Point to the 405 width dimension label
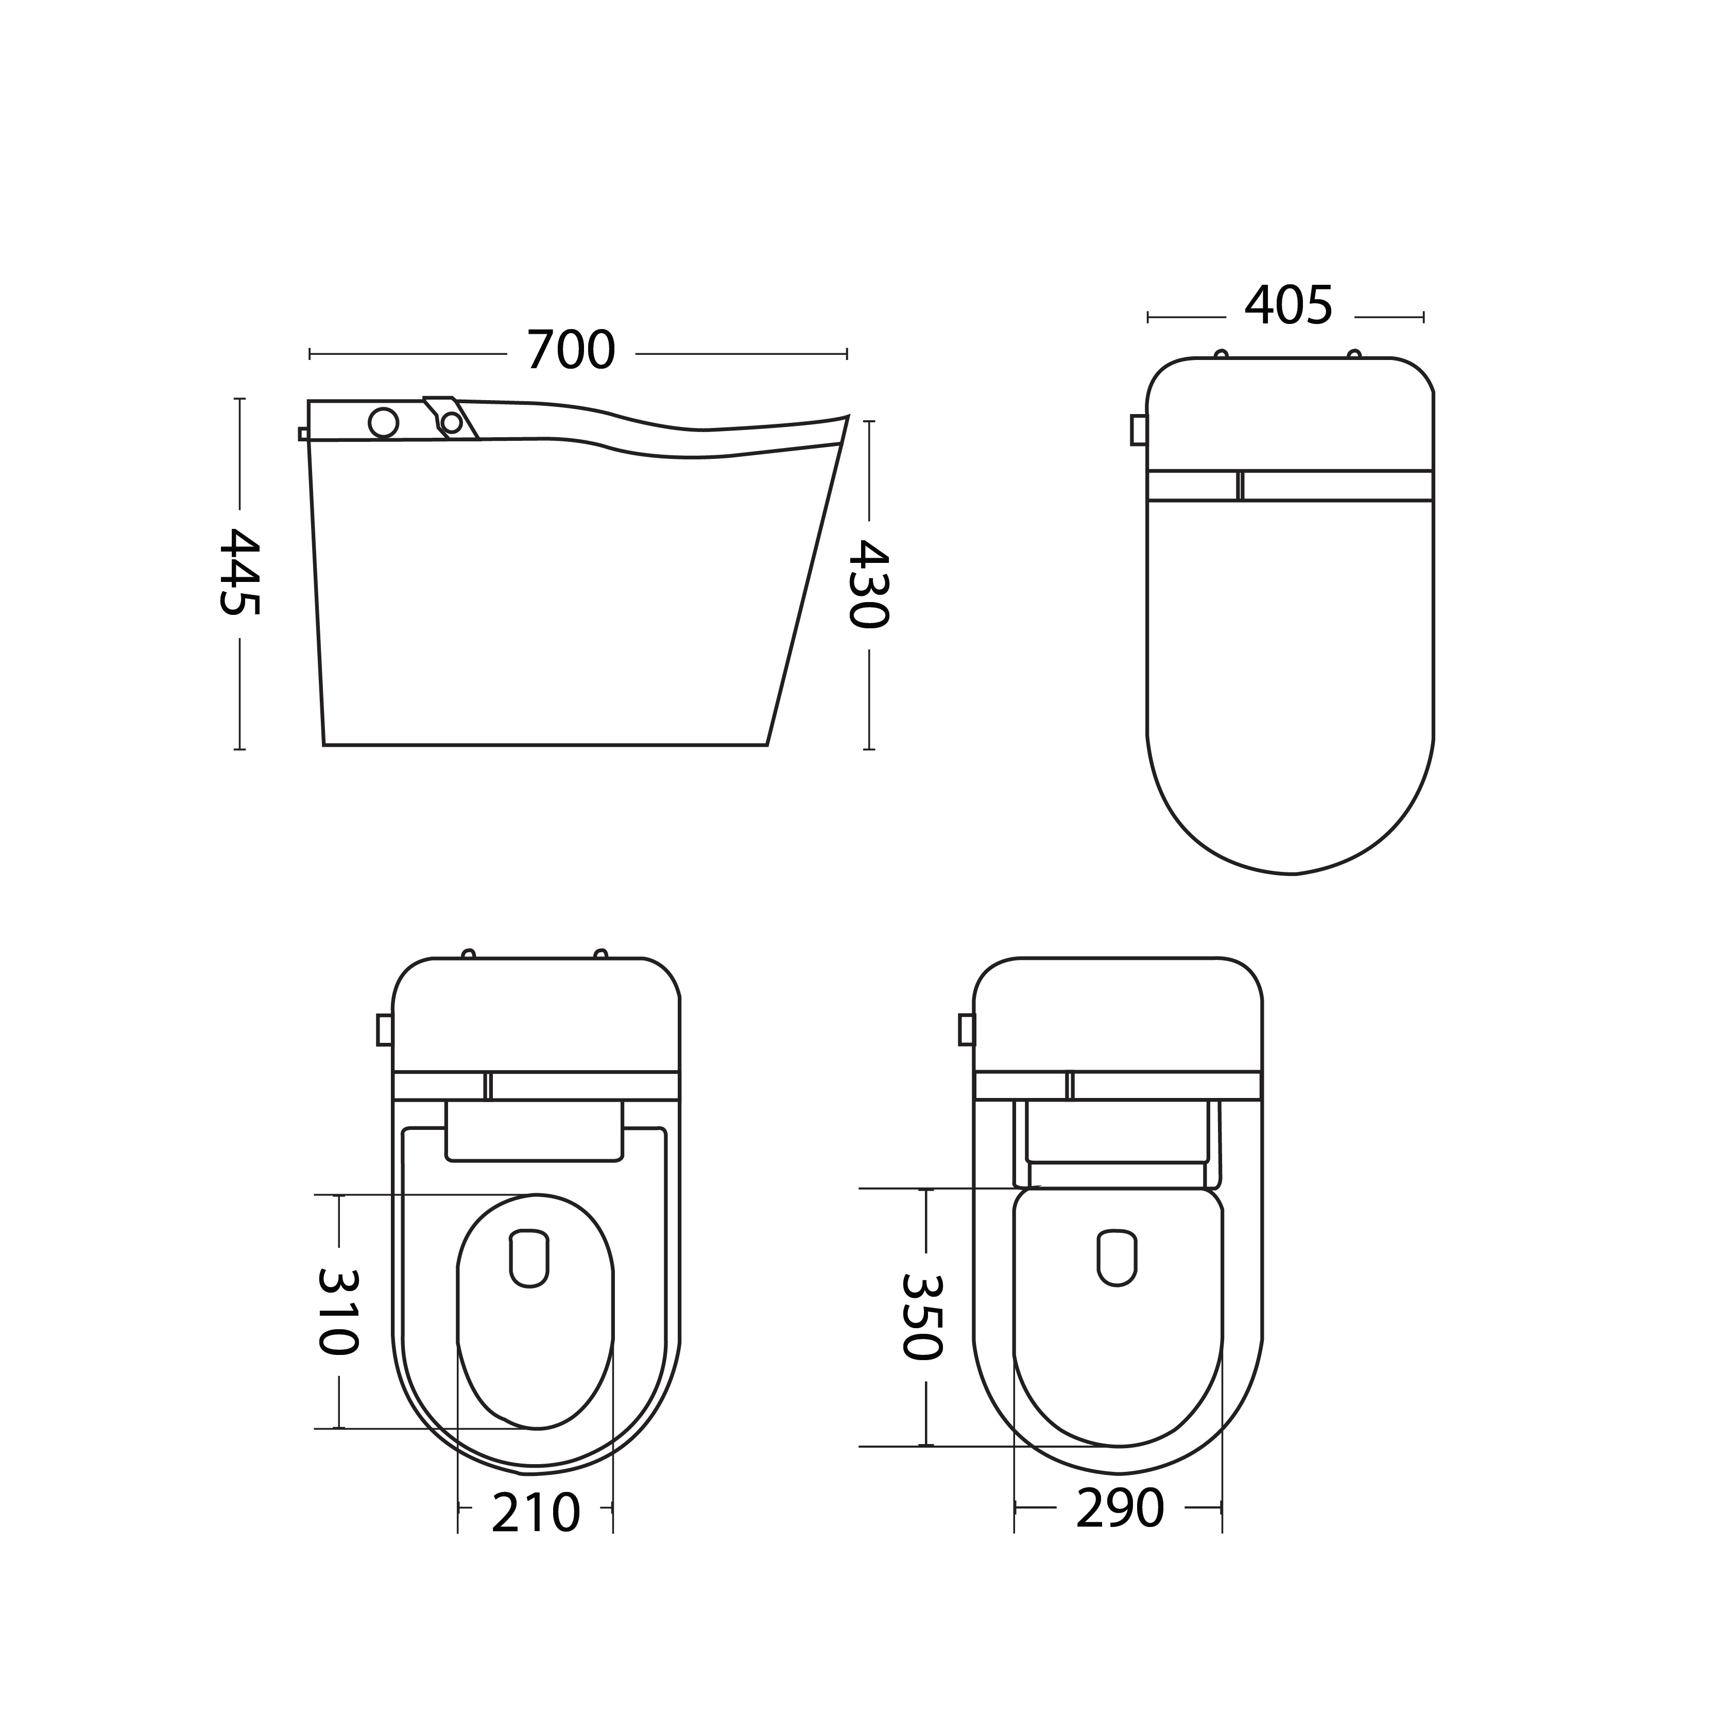click(x=1289, y=306)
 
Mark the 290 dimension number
click(x=1119, y=1509)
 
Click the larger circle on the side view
click(x=383, y=423)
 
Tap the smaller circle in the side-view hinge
click(x=452, y=423)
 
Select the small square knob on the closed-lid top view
click(x=1139, y=430)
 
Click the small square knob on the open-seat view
click(x=385, y=1029)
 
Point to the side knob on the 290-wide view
click(x=966, y=1029)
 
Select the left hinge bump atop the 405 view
click(x=1221, y=354)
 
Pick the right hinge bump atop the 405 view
click(x=1353, y=354)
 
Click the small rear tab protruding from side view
click(x=303, y=434)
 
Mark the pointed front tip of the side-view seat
click(x=846, y=418)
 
